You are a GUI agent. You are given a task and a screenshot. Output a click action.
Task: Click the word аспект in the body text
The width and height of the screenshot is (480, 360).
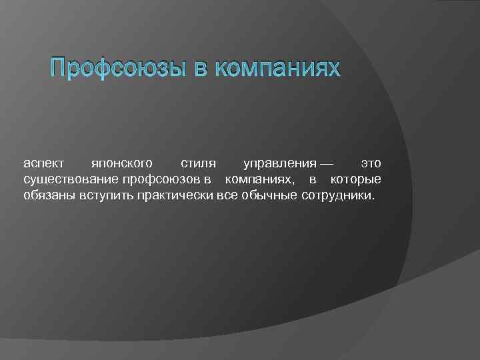pos(43,163)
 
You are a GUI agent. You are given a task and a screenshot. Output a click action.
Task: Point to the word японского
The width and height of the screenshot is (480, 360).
pos(121,163)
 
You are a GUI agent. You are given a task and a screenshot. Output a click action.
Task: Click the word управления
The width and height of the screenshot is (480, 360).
pos(279,163)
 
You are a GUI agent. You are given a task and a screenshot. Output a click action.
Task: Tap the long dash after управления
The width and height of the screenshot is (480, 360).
pos(327,163)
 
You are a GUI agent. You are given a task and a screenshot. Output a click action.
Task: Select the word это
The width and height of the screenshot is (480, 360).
pos(371,163)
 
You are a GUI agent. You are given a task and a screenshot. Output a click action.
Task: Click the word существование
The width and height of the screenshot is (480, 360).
pos(71,180)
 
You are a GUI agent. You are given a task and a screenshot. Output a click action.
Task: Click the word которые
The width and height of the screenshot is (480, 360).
pos(355,180)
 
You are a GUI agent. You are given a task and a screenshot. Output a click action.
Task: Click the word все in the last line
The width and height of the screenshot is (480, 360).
pos(228,197)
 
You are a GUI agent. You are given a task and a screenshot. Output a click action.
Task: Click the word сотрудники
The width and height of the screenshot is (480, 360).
pos(339,197)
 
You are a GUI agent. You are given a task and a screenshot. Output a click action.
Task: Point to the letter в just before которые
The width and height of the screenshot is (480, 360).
pos(313,180)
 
